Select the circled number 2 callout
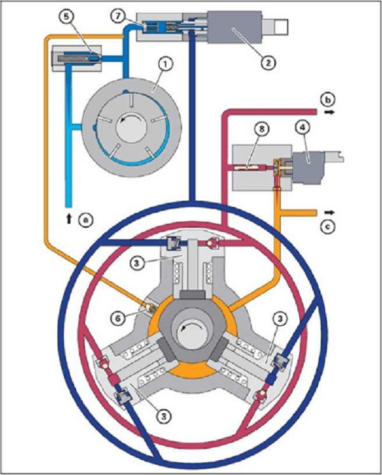click(269, 62)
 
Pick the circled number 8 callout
click(261, 129)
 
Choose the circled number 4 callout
click(303, 128)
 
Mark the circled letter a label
click(85, 219)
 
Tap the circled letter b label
click(328, 100)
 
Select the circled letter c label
click(328, 225)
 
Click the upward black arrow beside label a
click(69, 218)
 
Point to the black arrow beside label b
click(330, 112)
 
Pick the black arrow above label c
click(330, 212)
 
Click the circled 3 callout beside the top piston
click(137, 263)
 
